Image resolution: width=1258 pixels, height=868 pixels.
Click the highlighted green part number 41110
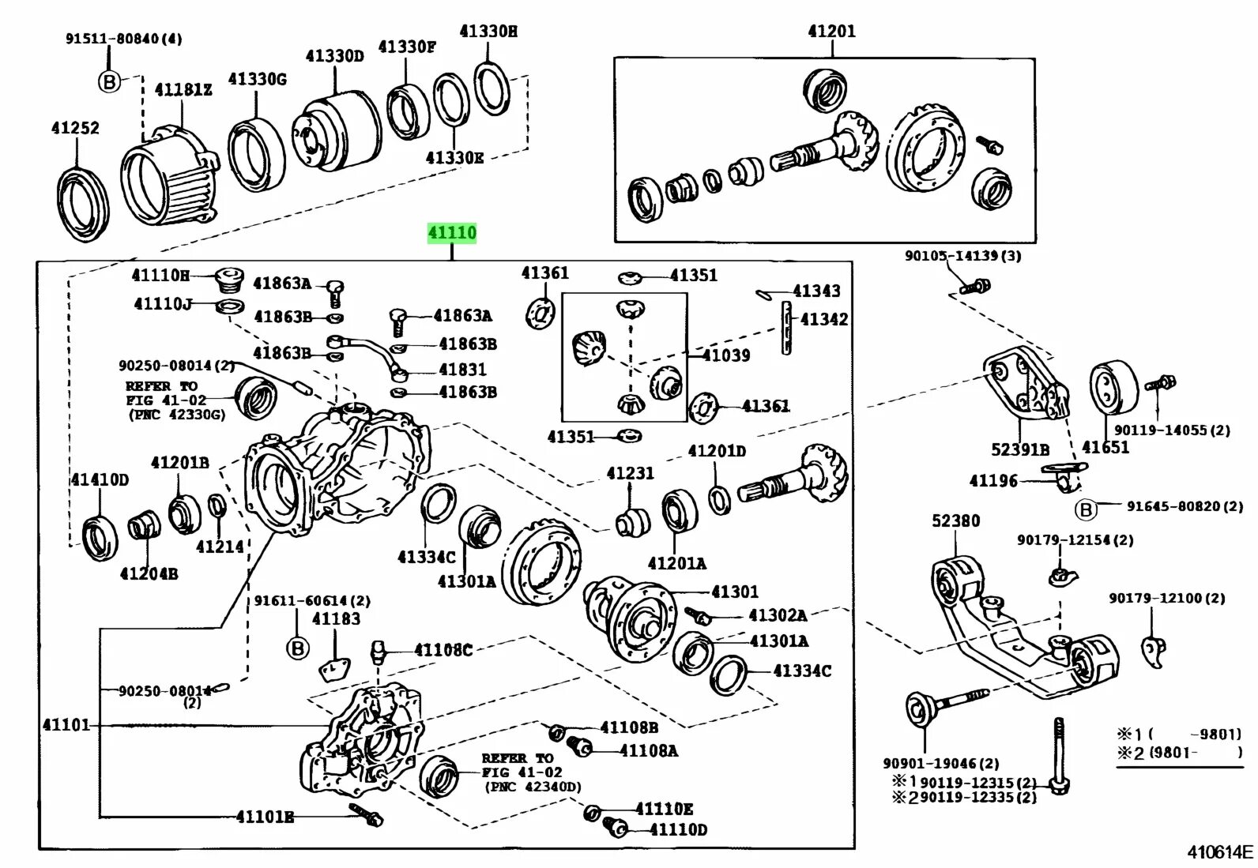pyautogui.click(x=452, y=233)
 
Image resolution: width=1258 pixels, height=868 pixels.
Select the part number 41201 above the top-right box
pyautogui.click(x=831, y=32)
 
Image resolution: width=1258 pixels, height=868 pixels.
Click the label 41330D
pyautogui.click(x=334, y=56)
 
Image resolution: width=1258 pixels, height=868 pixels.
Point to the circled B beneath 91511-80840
pyautogui.click(x=110, y=81)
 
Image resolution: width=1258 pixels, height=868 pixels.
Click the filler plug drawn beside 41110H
pyautogui.click(x=228, y=279)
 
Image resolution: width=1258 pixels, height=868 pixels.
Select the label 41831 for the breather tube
pyautogui.click(x=463, y=370)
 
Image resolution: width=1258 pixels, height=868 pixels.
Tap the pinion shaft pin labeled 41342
pyautogui.click(x=786, y=327)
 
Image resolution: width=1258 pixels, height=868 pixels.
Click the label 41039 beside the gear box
pyautogui.click(x=726, y=355)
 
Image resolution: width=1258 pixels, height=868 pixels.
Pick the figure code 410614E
pyautogui.click(x=1220, y=851)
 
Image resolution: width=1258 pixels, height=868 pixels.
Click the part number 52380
pyautogui.click(x=955, y=521)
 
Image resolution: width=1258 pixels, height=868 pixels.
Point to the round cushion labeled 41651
pyautogui.click(x=1114, y=389)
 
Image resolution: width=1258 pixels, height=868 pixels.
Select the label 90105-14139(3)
pyautogui.click(x=962, y=256)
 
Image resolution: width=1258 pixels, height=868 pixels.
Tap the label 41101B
pyautogui.click(x=265, y=817)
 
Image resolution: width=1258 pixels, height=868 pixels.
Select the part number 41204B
pyautogui.click(x=149, y=573)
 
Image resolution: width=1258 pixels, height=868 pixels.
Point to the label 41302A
pyautogui.click(x=778, y=615)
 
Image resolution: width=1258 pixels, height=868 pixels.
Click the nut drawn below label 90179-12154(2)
pyautogui.click(x=1060, y=576)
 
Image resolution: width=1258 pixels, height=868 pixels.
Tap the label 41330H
pyautogui.click(x=488, y=32)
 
